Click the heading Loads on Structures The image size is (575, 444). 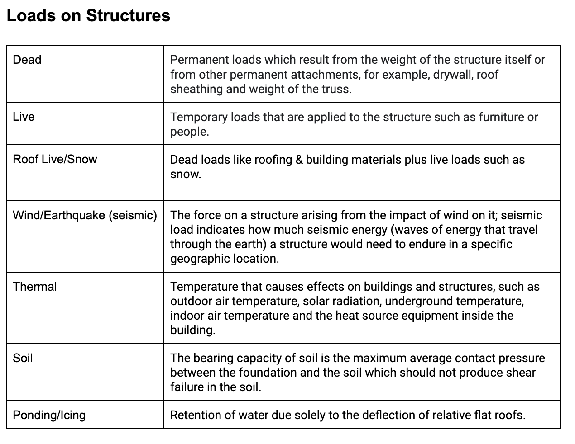point(88,16)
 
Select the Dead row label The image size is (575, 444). point(27,60)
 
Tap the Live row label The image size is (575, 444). point(24,117)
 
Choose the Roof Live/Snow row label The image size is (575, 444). point(55,159)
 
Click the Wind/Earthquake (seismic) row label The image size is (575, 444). point(85,215)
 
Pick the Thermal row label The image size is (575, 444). point(35,287)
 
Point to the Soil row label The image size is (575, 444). point(23,358)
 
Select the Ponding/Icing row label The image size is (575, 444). point(49,415)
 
